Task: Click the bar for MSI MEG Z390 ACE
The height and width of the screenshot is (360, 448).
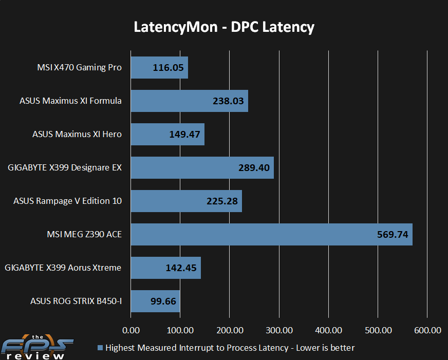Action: (x=271, y=234)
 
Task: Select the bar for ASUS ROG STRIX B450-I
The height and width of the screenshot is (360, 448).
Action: (x=156, y=301)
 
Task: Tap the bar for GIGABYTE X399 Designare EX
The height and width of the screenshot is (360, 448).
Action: (x=202, y=167)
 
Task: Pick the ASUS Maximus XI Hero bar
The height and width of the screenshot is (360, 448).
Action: (x=167, y=134)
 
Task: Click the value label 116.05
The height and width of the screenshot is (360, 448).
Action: (x=168, y=68)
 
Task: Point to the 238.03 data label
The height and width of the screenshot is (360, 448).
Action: (x=228, y=101)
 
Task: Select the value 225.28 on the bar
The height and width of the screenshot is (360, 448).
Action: (x=222, y=201)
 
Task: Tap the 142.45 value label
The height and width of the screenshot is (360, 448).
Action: (x=181, y=268)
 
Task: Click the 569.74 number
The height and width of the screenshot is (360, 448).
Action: (x=393, y=235)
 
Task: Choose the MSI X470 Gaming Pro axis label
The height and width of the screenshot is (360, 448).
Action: (x=80, y=67)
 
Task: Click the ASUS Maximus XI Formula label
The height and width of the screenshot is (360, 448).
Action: (x=70, y=101)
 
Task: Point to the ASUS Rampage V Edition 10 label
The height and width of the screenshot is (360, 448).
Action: (x=68, y=201)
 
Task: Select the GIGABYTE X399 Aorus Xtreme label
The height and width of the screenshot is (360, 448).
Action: (x=63, y=268)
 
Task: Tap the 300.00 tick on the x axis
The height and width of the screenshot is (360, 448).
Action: (x=279, y=330)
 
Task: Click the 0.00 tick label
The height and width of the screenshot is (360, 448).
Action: (x=131, y=330)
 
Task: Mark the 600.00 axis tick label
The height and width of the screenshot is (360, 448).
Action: (x=428, y=330)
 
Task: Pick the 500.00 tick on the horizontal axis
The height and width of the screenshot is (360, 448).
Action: (x=378, y=330)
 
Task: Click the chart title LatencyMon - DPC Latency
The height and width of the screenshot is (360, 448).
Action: (x=224, y=27)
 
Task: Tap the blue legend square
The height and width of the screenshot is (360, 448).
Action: (x=100, y=348)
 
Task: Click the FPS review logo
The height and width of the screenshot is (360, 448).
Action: (x=37, y=347)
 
